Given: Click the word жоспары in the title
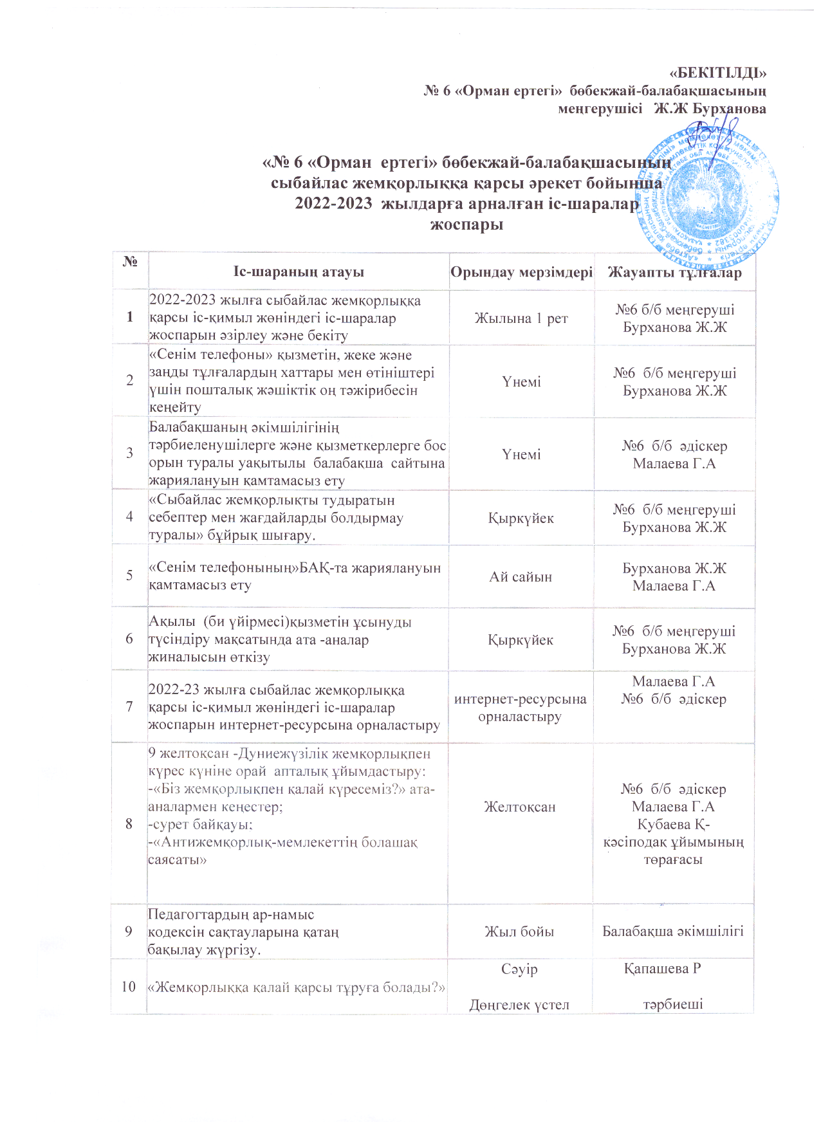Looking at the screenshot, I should click(x=466, y=225).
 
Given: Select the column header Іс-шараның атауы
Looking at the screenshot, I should click(x=299, y=272).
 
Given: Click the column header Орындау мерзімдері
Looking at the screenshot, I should click(x=521, y=272).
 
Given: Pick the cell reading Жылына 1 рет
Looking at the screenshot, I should click(x=521, y=318).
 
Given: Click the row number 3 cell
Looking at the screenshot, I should click(x=130, y=453).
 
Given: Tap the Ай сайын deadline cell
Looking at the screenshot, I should click(x=521, y=576).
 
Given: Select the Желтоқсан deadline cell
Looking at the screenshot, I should click(x=520, y=807).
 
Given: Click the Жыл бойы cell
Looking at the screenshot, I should click(x=519, y=932).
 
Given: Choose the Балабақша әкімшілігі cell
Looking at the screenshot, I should click(x=673, y=931).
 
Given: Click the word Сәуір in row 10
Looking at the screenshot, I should click(x=519, y=969).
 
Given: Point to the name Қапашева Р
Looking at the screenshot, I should click(x=662, y=969).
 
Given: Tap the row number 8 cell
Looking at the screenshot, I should click(x=129, y=823).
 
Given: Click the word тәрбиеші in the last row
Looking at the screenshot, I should click(x=673, y=1004).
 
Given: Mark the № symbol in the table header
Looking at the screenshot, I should click(x=131, y=262).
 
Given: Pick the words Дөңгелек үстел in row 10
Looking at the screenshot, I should click(x=519, y=1005).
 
